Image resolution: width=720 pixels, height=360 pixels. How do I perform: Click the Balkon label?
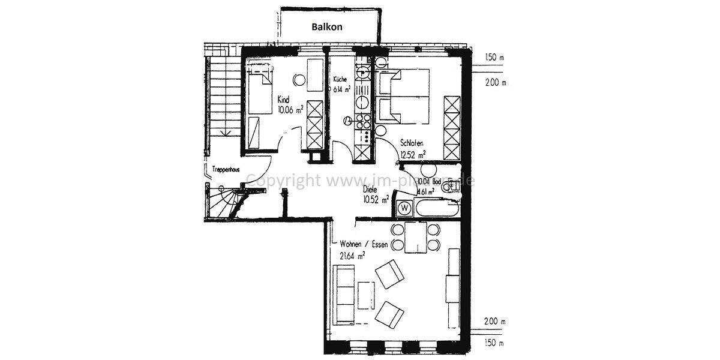(327, 27)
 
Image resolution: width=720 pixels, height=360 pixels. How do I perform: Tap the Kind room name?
(283, 100)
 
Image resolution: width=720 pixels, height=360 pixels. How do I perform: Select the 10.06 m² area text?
(290, 109)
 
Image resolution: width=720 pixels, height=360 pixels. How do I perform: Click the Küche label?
(340, 79)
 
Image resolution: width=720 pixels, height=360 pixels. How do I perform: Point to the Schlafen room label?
(413, 143)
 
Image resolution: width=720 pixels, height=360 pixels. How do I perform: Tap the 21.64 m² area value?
(353, 256)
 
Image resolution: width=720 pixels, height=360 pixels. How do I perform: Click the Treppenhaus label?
(226, 170)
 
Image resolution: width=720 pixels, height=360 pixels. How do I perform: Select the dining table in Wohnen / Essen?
(414, 237)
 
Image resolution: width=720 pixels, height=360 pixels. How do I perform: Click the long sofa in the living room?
(344, 294)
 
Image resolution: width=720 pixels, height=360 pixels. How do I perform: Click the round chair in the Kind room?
(299, 79)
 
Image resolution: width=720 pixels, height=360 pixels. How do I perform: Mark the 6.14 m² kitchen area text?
(342, 89)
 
